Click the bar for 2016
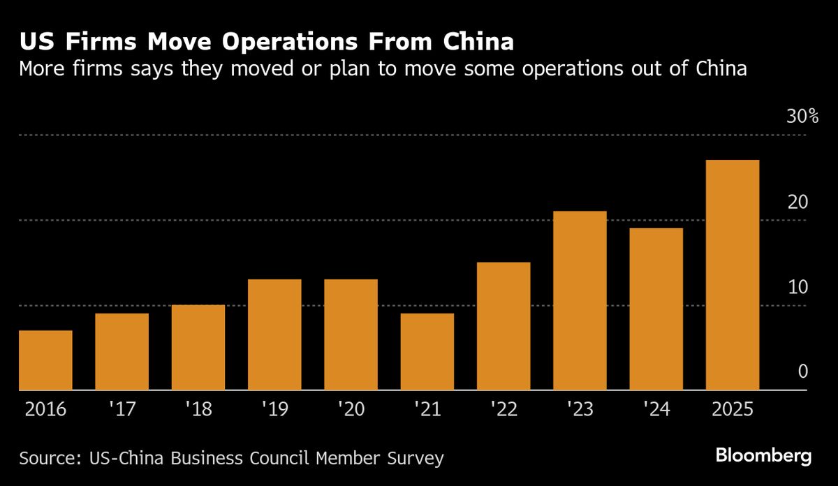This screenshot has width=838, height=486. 45,360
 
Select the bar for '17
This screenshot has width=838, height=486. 122,352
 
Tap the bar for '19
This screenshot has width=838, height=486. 274,334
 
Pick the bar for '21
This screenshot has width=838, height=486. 427,352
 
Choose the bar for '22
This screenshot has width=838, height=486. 503,326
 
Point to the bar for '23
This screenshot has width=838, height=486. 580,300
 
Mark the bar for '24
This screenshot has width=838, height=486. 656,309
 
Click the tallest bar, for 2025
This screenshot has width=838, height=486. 733,275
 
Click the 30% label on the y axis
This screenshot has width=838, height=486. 802,117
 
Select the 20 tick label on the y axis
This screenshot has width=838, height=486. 797,202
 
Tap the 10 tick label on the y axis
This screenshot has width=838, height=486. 797,287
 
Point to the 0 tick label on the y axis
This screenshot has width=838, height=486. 802,372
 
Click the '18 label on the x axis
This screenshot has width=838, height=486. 198,409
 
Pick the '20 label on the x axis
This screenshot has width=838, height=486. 351,409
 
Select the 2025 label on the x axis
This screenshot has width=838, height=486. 733,409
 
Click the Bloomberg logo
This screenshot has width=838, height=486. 763,457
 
